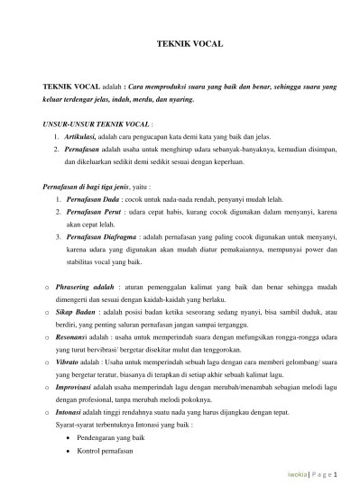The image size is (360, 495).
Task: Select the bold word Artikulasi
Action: pyautogui.click(x=84, y=135)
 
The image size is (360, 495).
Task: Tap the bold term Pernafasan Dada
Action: pyautogui.click(x=96, y=198)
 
